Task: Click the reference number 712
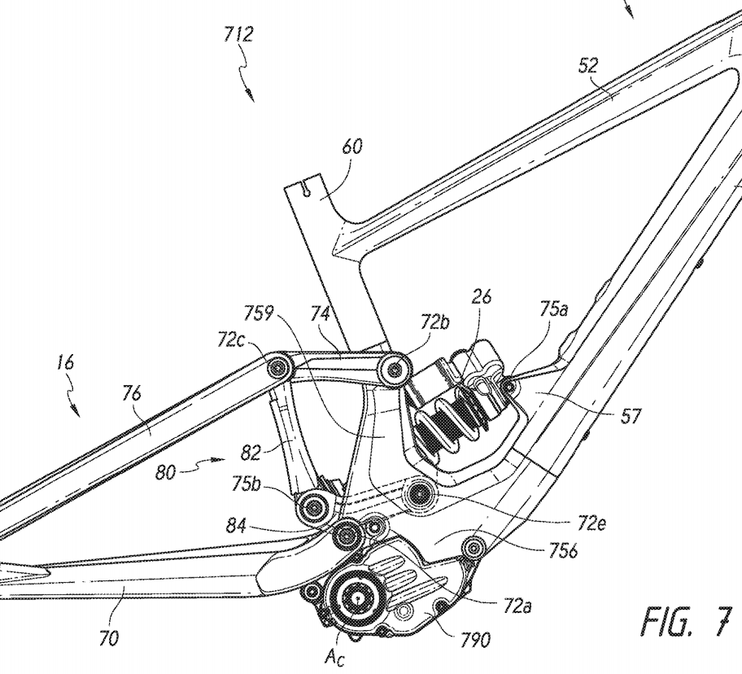point(239,35)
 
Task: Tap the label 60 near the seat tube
point(352,147)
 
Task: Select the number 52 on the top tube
point(588,65)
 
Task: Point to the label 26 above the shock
point(482,297)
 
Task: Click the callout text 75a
point(553,310)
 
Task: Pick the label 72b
point(434,323)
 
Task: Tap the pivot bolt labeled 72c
point(277,365)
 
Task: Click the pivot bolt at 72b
point(395,367)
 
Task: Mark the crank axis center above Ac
point(357,598)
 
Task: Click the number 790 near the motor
point(474,640)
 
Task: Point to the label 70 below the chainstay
point(108,639)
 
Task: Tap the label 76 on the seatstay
point(131,394)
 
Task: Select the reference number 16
point(65,363)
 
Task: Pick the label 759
point(259,313)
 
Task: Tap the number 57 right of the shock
point(631,416)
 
